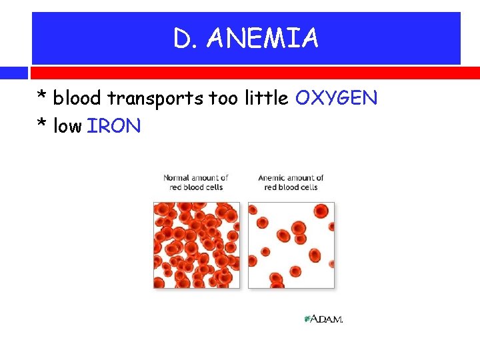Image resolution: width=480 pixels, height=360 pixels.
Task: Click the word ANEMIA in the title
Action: point(263,39)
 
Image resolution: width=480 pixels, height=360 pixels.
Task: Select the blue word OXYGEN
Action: point(336,99)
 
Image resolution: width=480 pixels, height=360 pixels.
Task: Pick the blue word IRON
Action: point(114,126)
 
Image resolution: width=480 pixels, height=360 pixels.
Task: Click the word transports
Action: point(155,99)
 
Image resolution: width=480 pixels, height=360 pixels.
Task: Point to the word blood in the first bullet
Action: point(77,99)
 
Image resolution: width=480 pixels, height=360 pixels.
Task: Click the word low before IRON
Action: point(67,126)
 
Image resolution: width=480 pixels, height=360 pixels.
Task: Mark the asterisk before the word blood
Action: point(42,97)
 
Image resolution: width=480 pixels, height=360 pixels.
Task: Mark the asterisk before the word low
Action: point(42,125)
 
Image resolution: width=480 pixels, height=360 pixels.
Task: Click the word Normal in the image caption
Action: point(177,178)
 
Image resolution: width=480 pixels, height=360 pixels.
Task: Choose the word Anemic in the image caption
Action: point(271,178)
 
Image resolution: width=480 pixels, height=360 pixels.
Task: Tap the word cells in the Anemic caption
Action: point(309,187)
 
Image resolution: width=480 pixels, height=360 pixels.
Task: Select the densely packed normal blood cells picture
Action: point(197,245)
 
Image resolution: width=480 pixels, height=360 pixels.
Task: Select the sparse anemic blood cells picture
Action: point(291,245)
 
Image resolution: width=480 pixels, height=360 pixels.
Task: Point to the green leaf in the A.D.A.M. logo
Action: point(307,319)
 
